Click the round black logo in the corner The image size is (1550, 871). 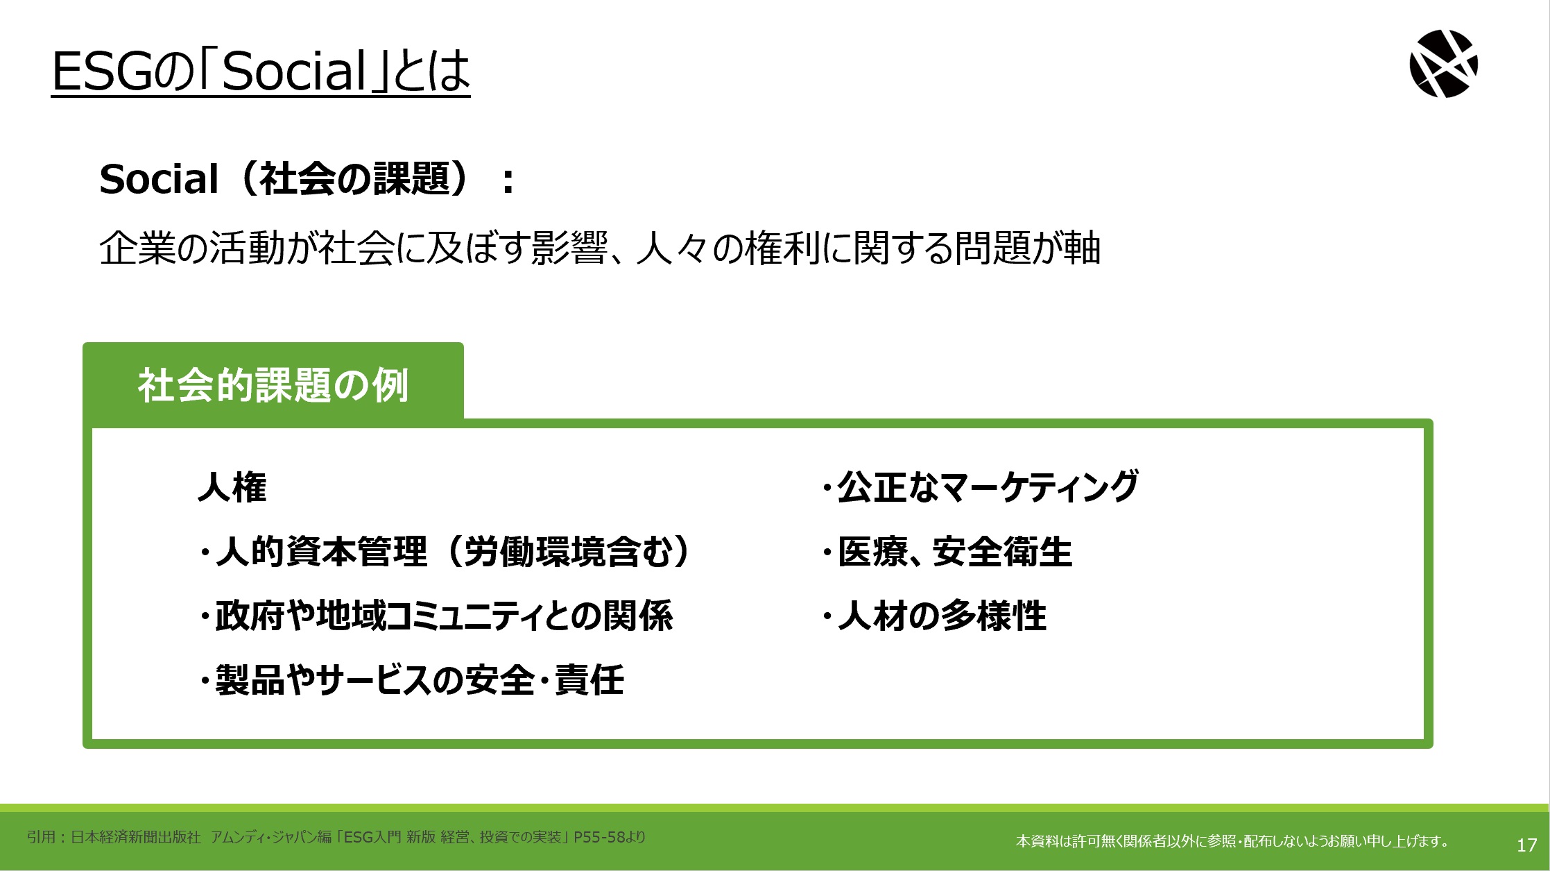click(x=1444, y=64)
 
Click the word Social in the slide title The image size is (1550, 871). click(x=293, y=71)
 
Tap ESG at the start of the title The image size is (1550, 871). click(x=101, y=71)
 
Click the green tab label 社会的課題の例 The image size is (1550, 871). click(x=273, y=385)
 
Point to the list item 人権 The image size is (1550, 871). click(x=232, y=487)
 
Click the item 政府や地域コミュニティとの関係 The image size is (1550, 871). click(x=436, y=616)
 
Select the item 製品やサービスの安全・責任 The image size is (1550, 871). click(x=412, y=679)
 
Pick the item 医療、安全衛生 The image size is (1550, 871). click(x=947, y=552)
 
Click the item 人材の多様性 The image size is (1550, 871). click(x=935, y=616)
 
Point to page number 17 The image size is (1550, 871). click(x=1526, y=845)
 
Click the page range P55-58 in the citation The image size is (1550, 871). click(x=599, y=837)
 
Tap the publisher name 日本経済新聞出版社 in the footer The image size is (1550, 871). click(x=136, y=837)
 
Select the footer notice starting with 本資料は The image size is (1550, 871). click(x=1233, y=841)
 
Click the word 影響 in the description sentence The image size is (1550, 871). click(x=569, y=248)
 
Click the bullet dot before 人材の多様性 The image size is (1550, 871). click(x=827, y=616)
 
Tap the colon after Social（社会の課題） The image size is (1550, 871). click(x=508, y=180)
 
